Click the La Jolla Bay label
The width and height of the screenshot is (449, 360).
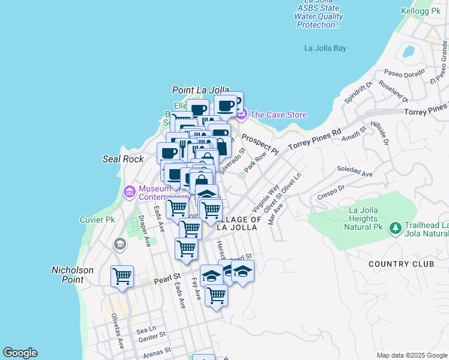click(325, 49)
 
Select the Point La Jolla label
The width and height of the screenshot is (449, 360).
click(200, 90)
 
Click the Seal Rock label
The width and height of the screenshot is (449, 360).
click(123, 159)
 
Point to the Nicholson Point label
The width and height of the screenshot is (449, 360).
click(73, 275)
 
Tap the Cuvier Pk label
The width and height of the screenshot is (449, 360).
click(97, 220)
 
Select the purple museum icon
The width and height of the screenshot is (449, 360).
click(129, 192)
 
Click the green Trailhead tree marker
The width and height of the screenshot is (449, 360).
click(395, 228)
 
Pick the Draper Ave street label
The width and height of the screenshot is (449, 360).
click(144, 231)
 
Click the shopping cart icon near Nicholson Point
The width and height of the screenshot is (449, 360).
click(122, 277)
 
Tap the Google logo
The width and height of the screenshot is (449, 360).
click(20, 353)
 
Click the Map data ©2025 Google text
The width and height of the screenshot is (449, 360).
click(411, 355)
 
